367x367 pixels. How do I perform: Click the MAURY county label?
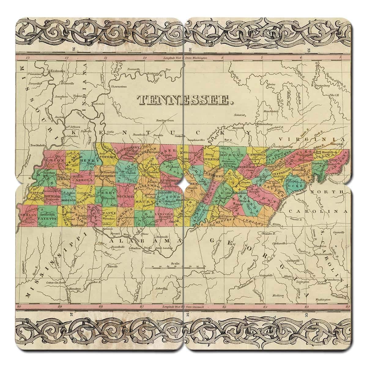145,202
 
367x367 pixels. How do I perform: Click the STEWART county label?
109,157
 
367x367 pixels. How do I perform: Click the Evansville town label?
134,69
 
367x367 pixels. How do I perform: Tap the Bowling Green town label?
164,120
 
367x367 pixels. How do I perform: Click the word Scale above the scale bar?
176,263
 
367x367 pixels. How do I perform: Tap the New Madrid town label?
38,146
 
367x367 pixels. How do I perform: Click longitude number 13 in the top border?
28,58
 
